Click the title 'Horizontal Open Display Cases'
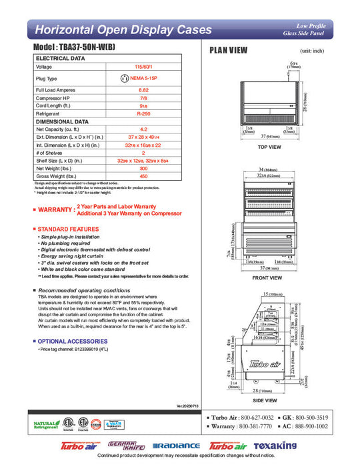pyautogui.click(x=123, y=30)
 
